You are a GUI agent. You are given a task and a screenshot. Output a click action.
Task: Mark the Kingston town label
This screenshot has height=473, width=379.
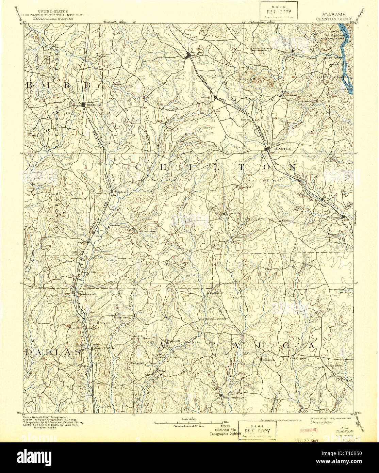[x=268, y=360]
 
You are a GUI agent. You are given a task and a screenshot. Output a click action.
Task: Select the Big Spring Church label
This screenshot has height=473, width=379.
[x=212, y=319]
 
